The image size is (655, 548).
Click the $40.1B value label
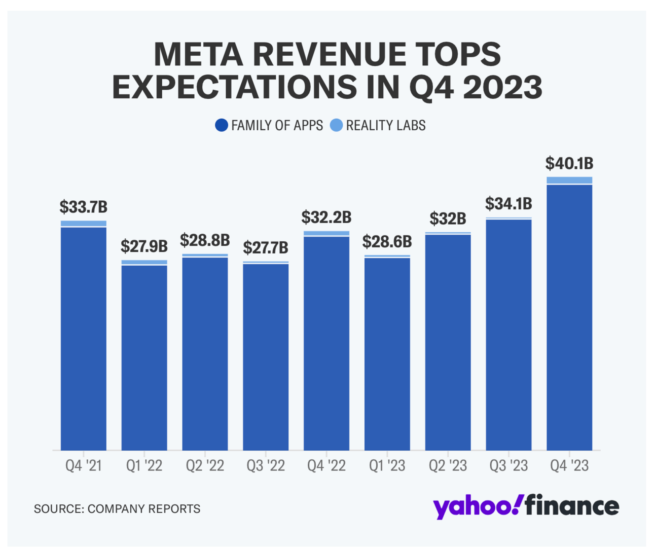tap(569, 164)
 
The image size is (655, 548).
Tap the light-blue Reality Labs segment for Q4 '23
tap(569, 180)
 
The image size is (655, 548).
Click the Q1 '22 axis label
tap(144, 466)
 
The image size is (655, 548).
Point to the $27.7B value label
tap(266, 248)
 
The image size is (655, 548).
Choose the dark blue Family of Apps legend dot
tap(222, 125)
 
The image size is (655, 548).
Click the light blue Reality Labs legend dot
tap(336, 125)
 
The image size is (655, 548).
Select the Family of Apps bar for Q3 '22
tap(266, 357)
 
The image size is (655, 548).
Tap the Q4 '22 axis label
tap(326, 466)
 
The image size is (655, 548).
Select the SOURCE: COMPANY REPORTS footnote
tap(117, 509)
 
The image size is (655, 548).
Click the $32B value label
tap(448, 218)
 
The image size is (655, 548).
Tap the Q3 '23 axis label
tap(508, 466)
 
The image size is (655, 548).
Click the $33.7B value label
tap(84, 207)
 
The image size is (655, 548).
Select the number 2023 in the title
tap(502, 87)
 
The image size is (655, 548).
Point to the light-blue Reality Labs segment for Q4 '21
tap(84, 224)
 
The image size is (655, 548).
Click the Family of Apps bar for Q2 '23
tap(448, 342)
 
